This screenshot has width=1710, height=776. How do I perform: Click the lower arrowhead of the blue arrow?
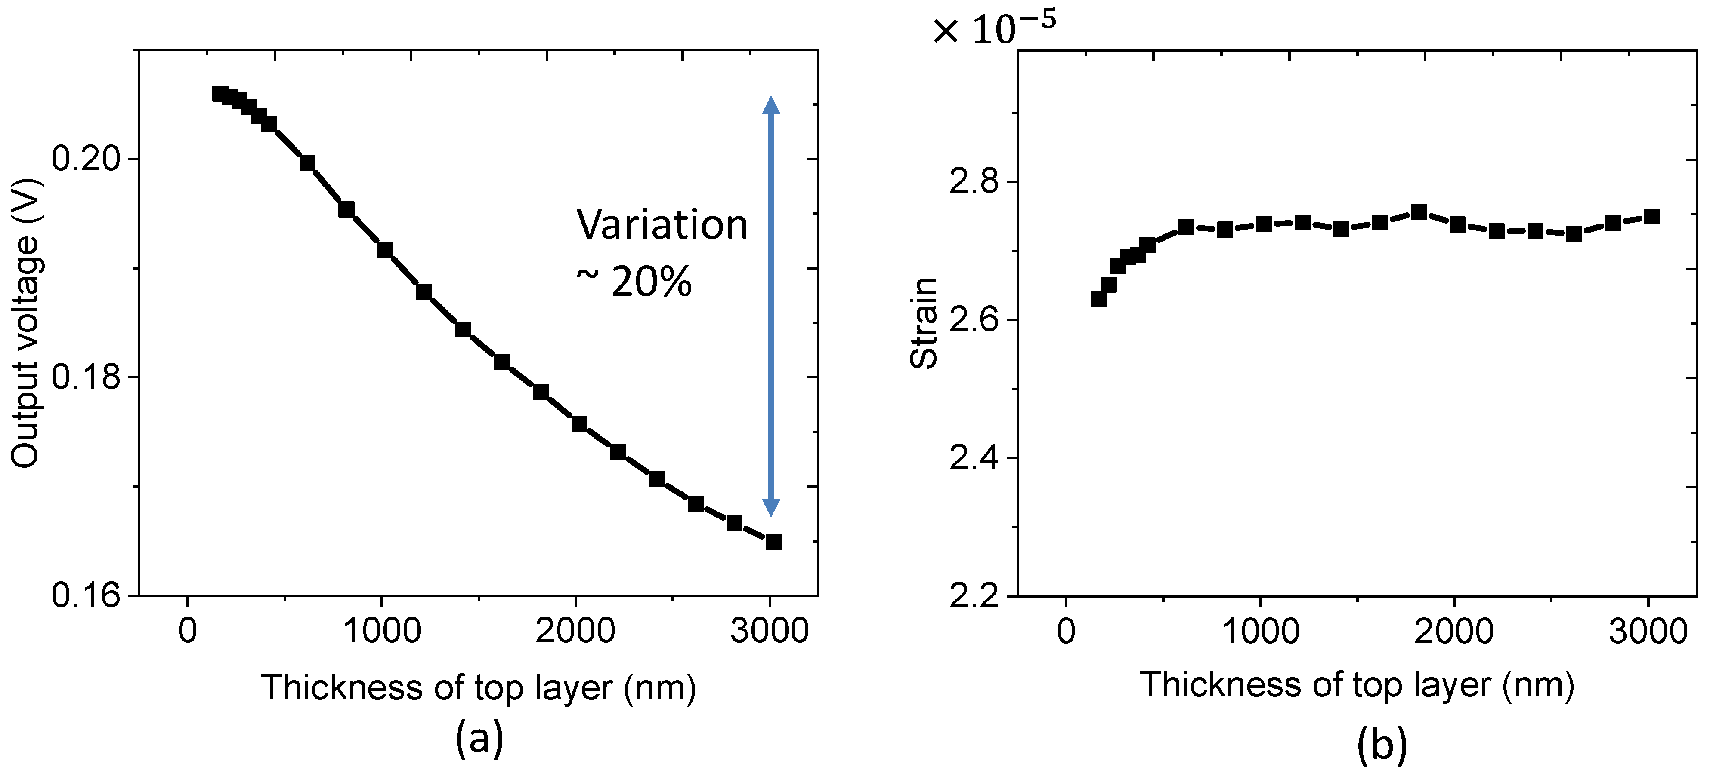770,507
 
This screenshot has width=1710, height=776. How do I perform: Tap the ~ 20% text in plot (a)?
634,282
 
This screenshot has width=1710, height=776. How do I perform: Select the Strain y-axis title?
923,323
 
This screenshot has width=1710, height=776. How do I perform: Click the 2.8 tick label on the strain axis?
974,182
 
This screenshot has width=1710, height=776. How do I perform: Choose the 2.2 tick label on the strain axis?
974,596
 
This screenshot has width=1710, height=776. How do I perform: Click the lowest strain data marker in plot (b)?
1099,299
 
